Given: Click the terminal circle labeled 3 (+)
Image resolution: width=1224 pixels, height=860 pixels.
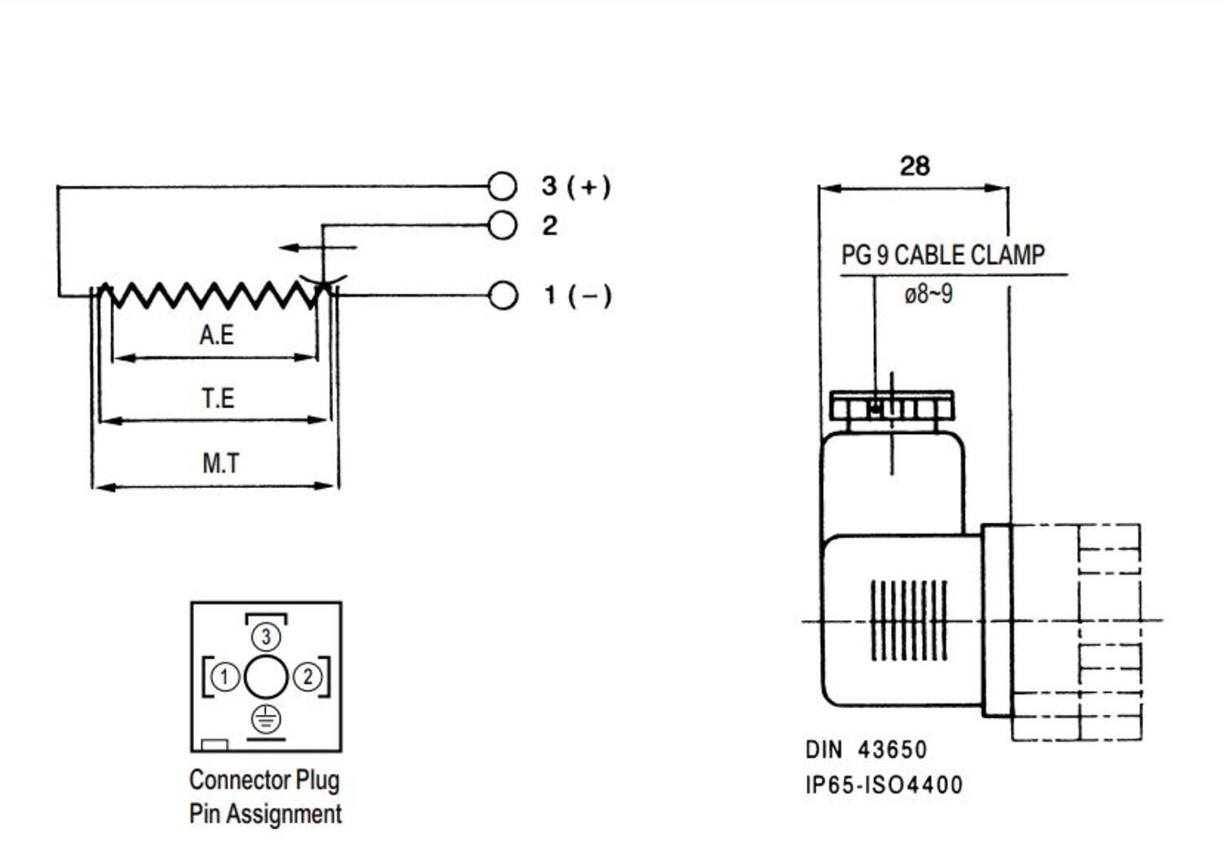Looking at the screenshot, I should point(503,186).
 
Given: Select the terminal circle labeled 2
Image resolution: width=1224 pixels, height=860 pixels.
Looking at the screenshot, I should point(503,225).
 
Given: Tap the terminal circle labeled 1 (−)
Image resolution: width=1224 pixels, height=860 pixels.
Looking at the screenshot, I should point(503,295).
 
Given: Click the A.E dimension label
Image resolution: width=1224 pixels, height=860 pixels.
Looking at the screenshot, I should point(216,335).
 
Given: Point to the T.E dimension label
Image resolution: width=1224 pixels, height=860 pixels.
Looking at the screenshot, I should point(218,398).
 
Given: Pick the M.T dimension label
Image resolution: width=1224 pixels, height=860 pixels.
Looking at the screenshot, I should point(220,463).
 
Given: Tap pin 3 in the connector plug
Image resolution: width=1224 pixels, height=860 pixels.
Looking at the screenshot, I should point(265,636).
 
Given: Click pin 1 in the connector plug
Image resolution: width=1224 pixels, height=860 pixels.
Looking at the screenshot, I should point(224,676).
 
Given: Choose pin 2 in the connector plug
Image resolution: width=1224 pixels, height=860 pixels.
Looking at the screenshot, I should point(308,676).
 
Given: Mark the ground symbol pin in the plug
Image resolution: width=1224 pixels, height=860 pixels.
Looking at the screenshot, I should point(266,719).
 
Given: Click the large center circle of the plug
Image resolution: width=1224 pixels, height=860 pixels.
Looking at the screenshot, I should point(266,676).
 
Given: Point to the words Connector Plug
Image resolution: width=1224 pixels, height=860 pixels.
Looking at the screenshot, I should point(264,780).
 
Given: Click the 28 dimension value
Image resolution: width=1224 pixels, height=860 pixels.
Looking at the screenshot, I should point(915,166).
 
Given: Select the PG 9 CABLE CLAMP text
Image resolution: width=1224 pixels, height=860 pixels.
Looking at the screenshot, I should point(942,255).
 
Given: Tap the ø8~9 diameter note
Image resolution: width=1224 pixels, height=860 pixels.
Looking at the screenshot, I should point(928,294).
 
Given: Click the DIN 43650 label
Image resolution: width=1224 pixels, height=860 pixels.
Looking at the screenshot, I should point(866,750).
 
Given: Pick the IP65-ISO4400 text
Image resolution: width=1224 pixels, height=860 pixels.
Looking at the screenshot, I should point(884,785).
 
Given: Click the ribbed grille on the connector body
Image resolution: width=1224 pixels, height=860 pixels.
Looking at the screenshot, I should point(909,621).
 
